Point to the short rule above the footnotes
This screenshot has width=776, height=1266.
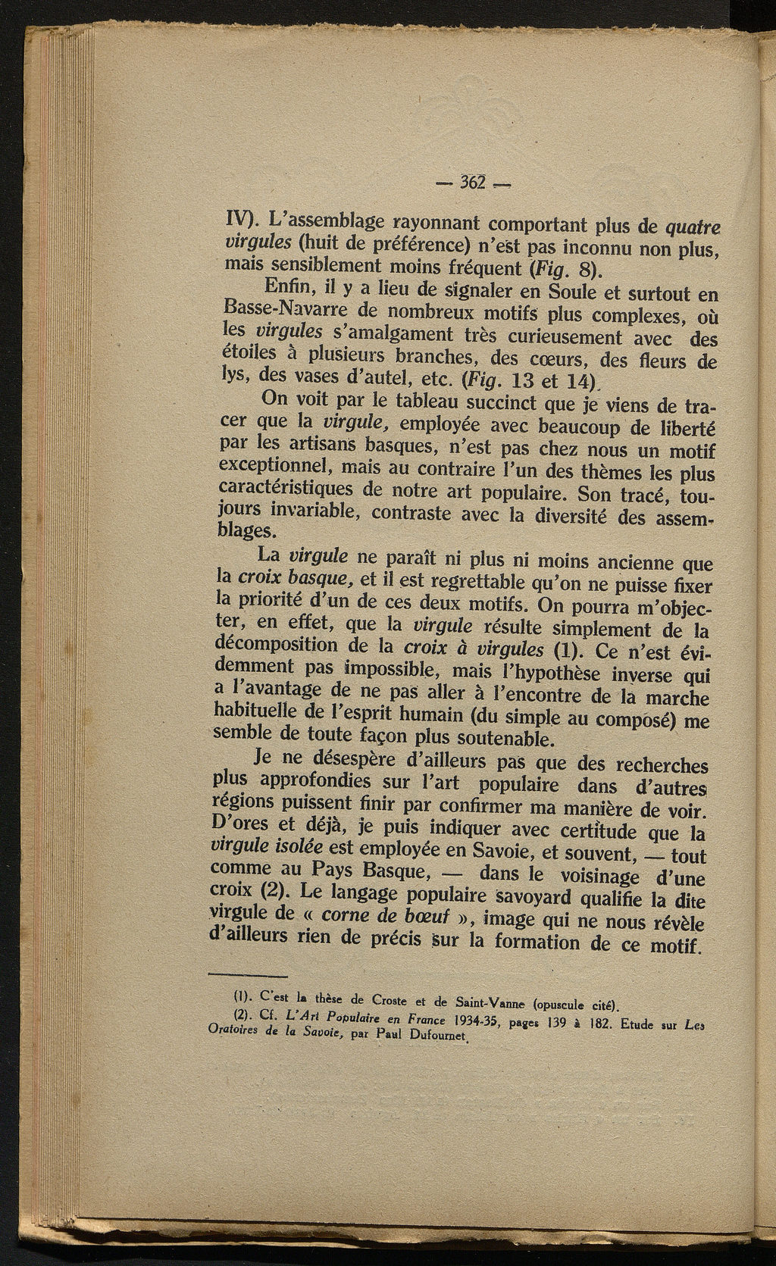tap(247, 975)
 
